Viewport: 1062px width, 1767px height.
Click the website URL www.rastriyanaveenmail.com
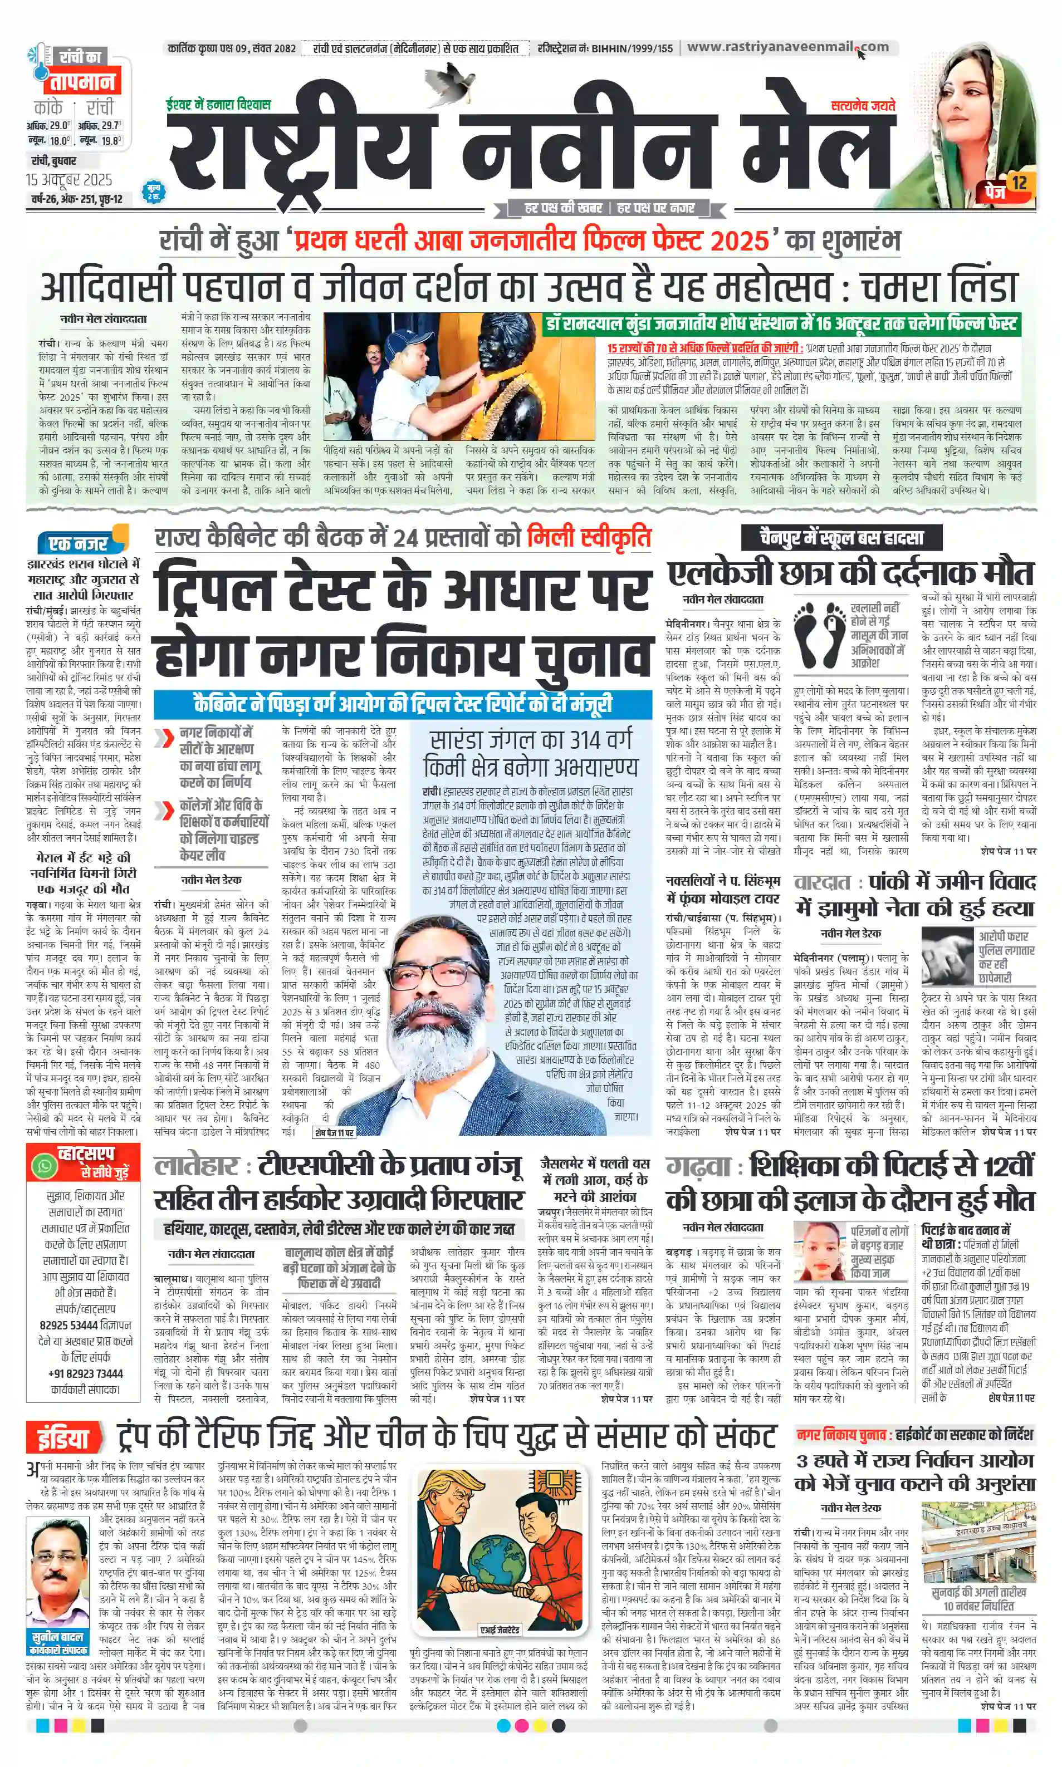[787, 47]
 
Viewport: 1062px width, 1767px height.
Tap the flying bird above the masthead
[449, 78]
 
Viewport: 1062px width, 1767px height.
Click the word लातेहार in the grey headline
[195, 1166]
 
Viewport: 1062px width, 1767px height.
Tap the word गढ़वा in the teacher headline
[698, 1166]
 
